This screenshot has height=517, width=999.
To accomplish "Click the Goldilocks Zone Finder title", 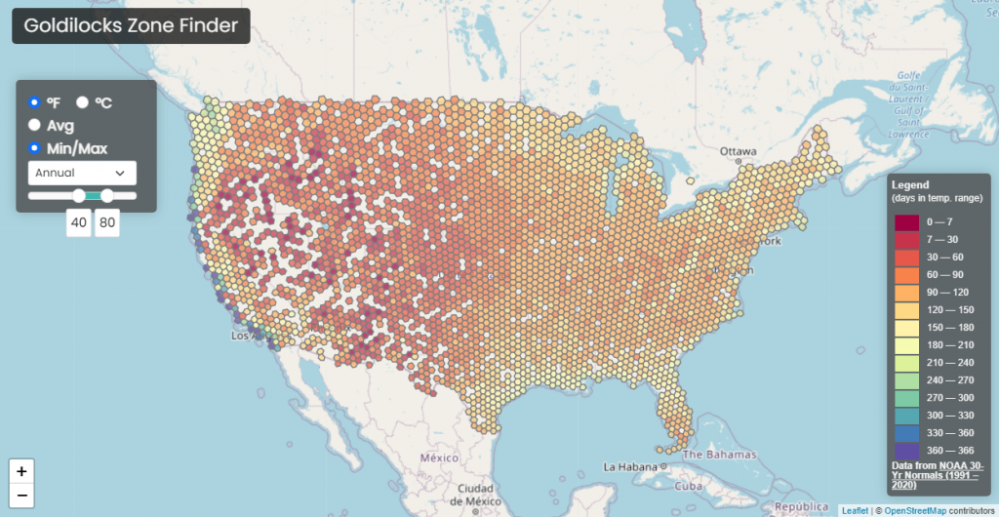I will point(131,26).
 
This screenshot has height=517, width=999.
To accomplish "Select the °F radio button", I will point(35,101).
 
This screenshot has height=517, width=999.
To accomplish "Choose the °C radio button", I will point(83,101).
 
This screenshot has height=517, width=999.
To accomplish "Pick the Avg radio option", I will point(35,125).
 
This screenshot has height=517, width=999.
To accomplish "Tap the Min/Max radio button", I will point(35,148).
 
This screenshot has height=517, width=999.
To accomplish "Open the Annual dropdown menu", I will point(82,173).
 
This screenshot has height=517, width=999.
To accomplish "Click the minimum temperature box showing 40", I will point(79,222).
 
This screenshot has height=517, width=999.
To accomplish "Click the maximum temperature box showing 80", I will point(106,222).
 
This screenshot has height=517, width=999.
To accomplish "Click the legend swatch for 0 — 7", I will point(906,222).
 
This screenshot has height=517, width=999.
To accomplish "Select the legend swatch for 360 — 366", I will point(906,451).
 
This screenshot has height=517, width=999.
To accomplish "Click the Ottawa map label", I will point(739,151).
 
